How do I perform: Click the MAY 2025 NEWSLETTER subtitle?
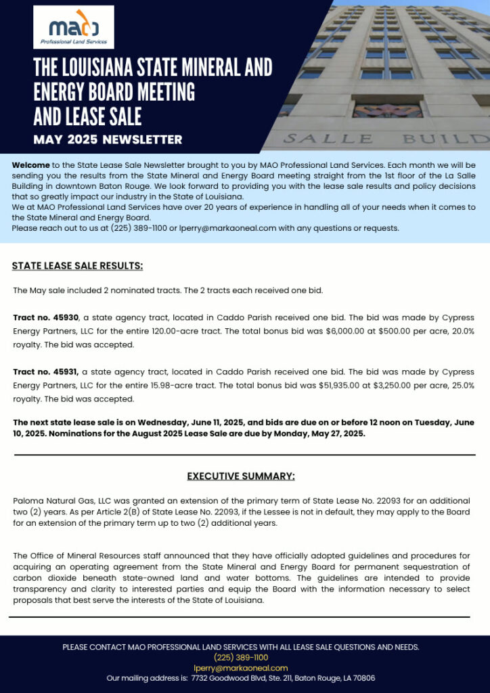(108, 139)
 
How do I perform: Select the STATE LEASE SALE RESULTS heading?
(77, 265)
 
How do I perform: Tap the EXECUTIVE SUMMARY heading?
(241, 476)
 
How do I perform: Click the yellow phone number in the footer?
(241, 657)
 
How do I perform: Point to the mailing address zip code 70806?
(362, 678)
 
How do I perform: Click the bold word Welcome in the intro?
(30, 165)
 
